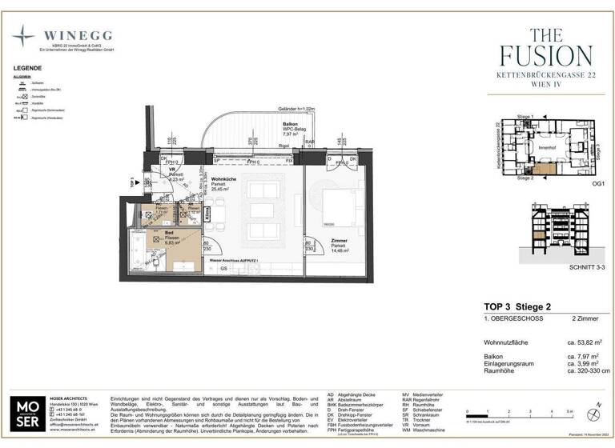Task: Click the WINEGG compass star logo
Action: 24,38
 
